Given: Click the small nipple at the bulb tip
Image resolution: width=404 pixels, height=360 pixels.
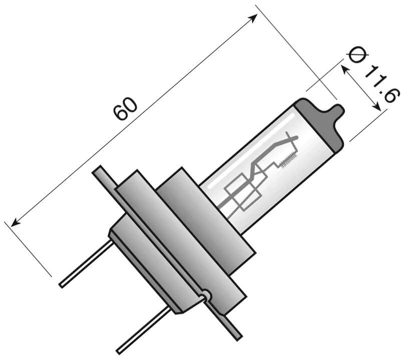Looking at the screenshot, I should coord(339,111).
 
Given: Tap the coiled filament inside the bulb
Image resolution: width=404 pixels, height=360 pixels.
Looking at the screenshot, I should coord(289,160).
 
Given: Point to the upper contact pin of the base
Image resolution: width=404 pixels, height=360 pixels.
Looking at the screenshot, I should coord(85,263).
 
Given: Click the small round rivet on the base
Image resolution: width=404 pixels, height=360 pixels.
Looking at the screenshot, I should coord(206,296).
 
